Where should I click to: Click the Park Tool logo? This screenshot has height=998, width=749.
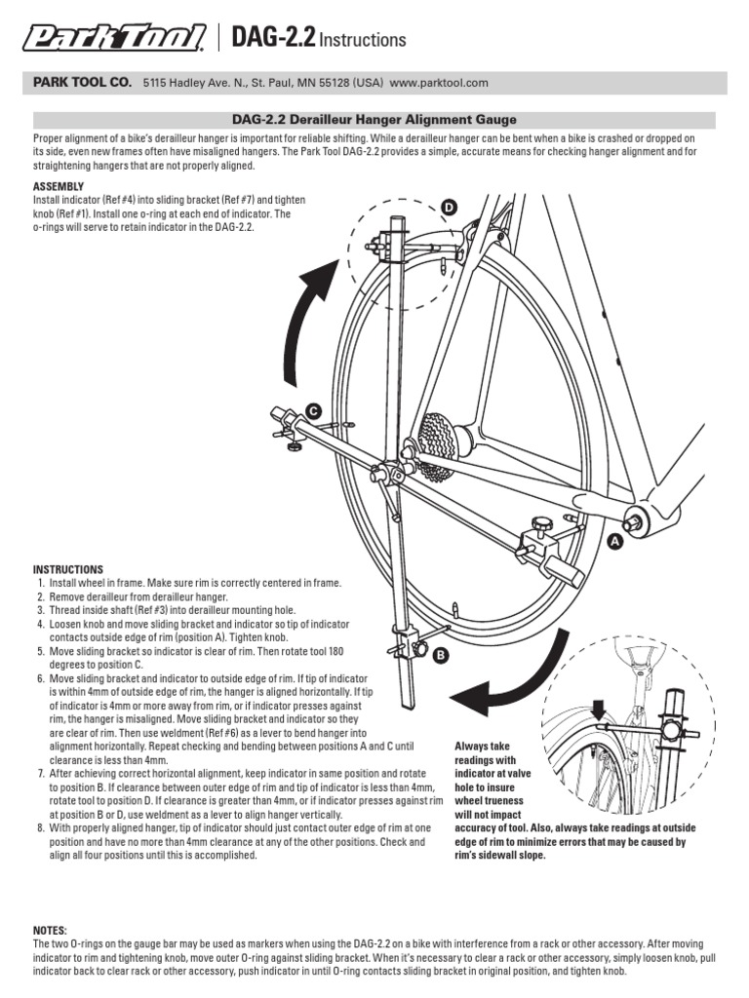[x=114, y=39]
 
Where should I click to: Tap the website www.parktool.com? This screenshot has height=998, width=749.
[x=439, y=83]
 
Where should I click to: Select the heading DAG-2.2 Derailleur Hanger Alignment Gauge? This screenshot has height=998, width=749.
[x=374, y=120]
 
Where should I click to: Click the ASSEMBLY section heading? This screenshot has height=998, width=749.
[x=59, y=185]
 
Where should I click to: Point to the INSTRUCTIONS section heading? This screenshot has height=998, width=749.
[x=68, y=569]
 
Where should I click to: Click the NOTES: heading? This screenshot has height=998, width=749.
[x=51, y=932]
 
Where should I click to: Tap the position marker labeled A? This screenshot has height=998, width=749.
[x=615, y=540]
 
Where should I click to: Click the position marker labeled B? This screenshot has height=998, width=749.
[x=440, y=656]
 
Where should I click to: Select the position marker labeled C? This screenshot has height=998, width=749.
[x=313, y=411]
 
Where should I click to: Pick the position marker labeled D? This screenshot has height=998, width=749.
[x=449, y=208]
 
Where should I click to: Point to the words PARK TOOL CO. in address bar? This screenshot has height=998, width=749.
[x=83, y=83]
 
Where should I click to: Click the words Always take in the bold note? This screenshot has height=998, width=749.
[x=485, y=747]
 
